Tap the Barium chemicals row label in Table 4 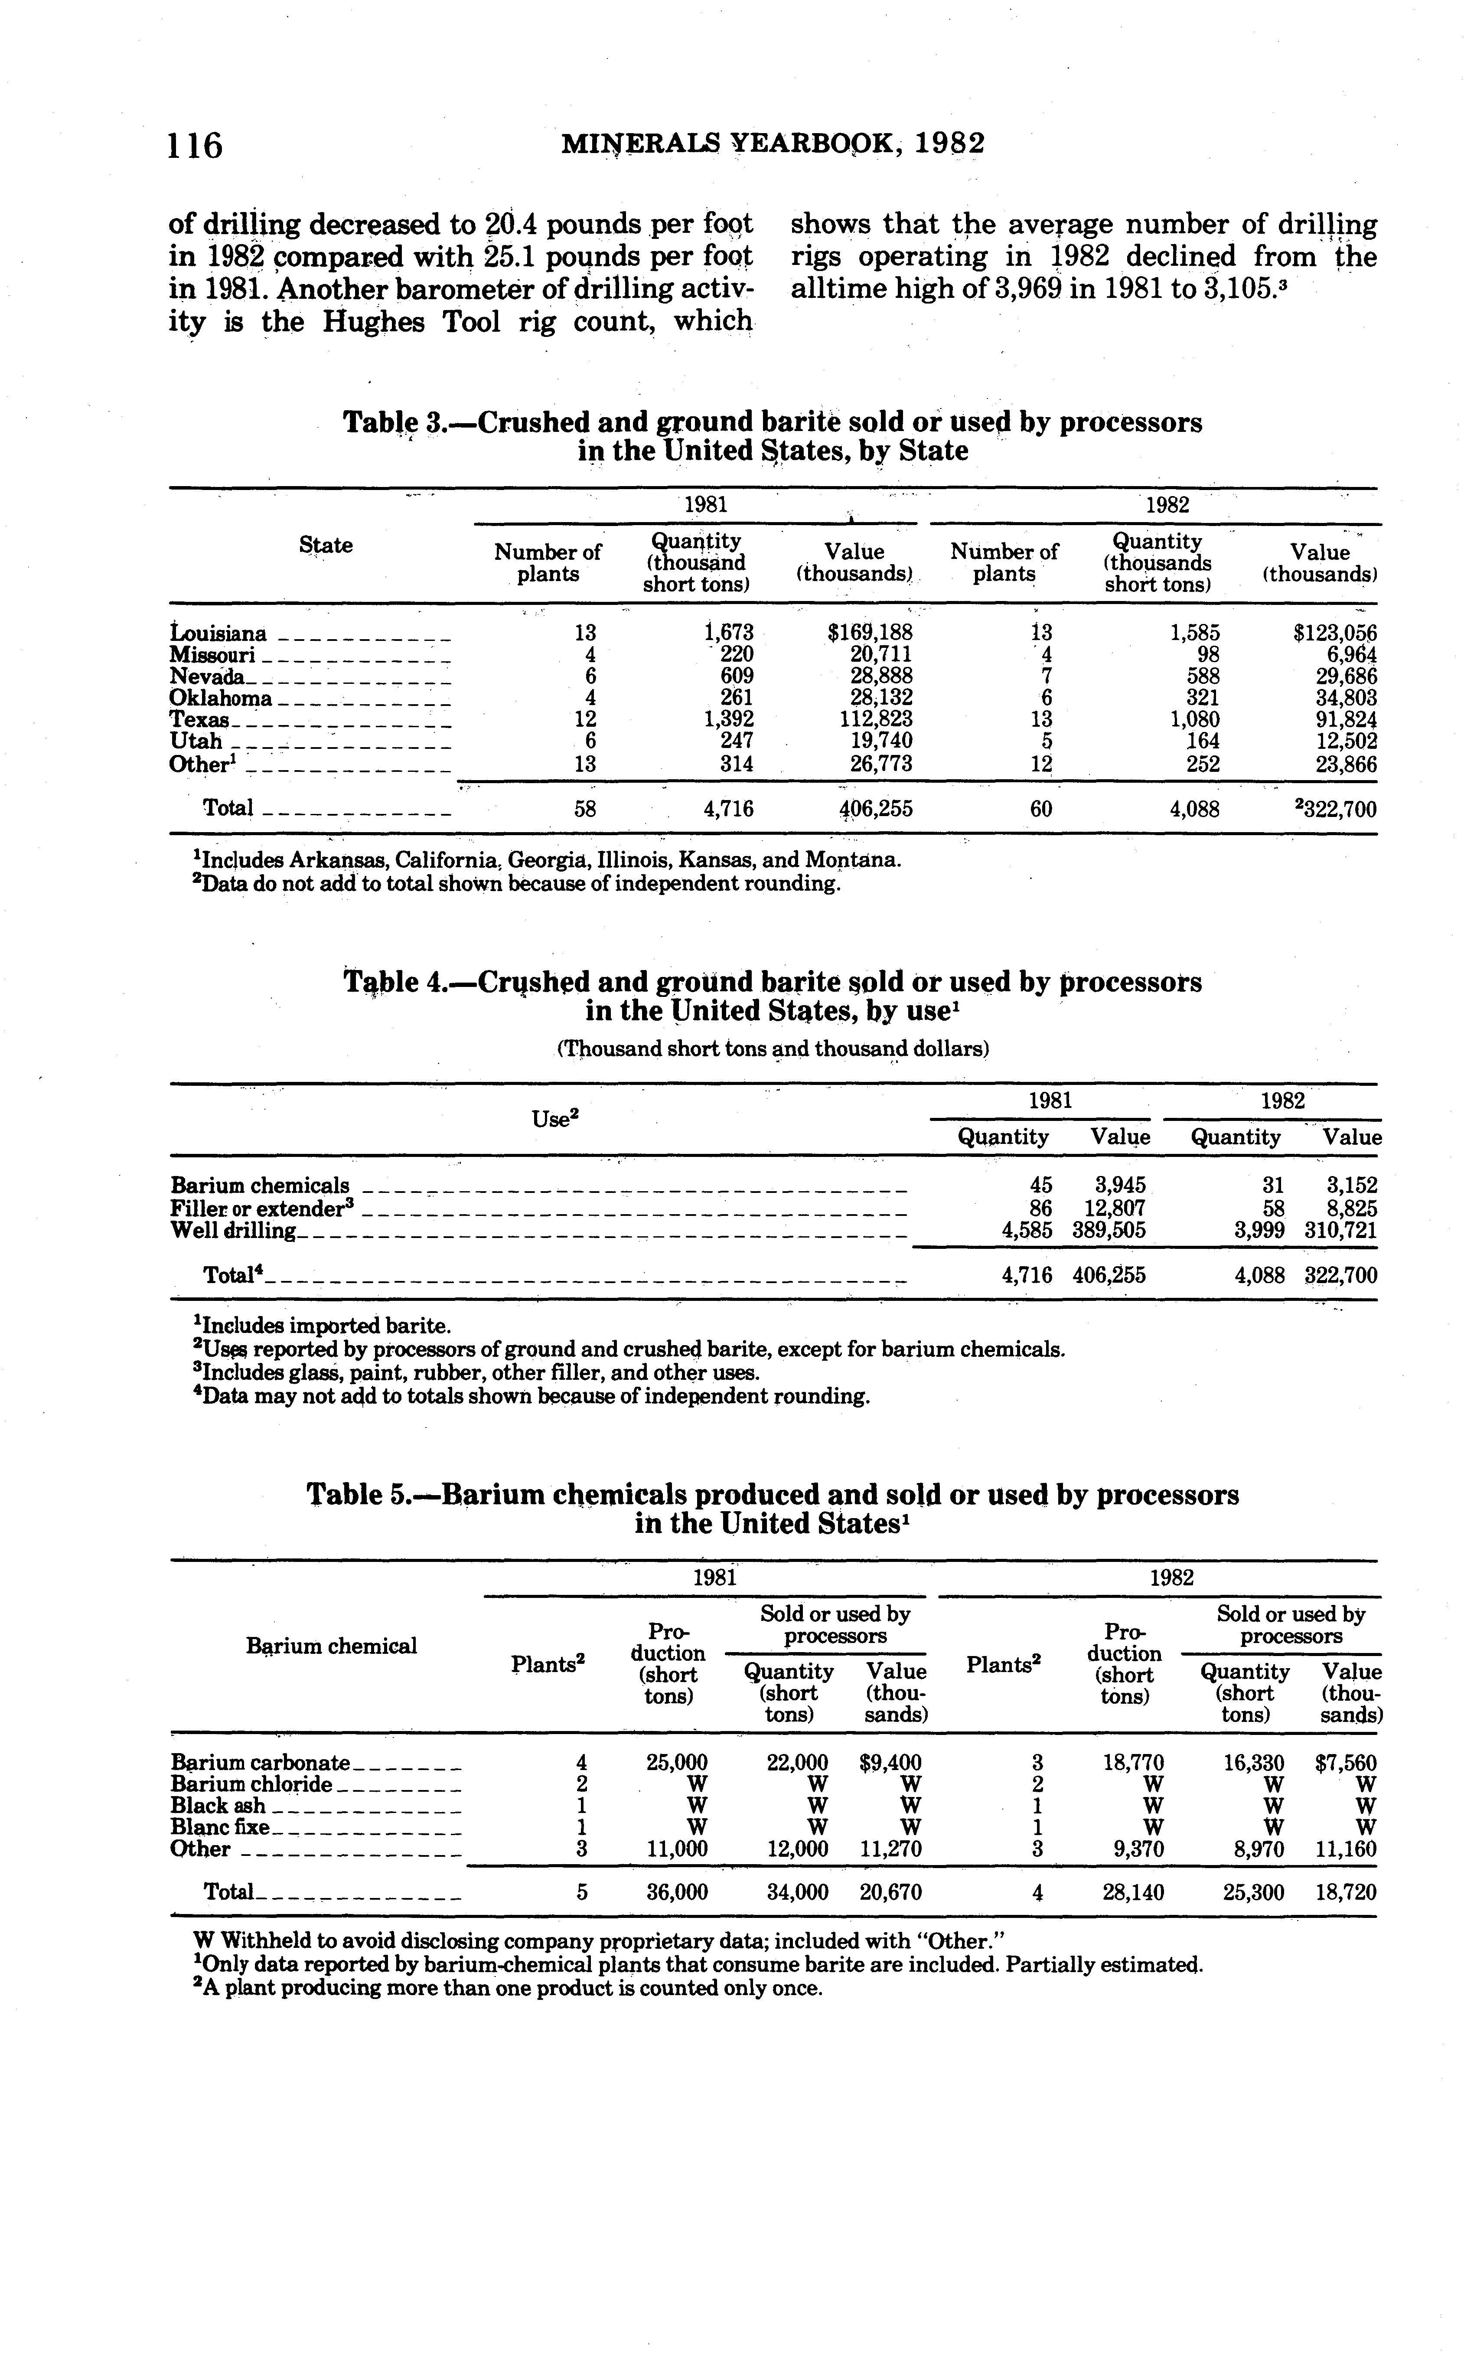tap(260, 1186)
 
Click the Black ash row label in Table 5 tap(218, 1805)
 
